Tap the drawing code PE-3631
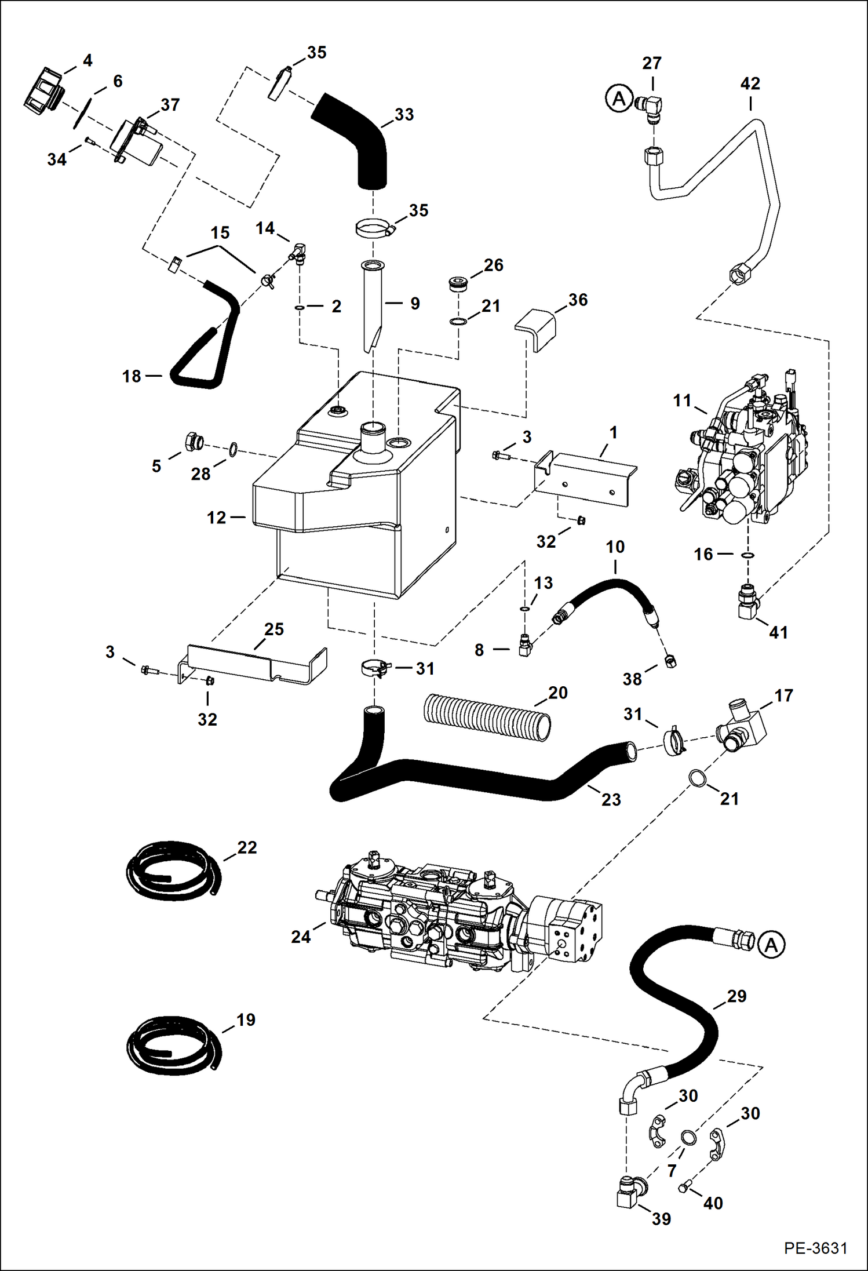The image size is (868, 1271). point(815,1247)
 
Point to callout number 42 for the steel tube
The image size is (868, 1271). point(750,83)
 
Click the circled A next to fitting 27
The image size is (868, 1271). point(619,99)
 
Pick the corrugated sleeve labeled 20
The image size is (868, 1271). point(487,716)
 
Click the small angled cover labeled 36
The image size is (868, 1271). point(537,329)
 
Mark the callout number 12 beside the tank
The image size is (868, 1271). point(217,517)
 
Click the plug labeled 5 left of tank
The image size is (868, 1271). point(192,443)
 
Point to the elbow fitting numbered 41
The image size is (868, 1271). point(748,602)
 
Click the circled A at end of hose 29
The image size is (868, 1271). point(771,945)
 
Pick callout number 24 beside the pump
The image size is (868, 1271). point(301,937)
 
